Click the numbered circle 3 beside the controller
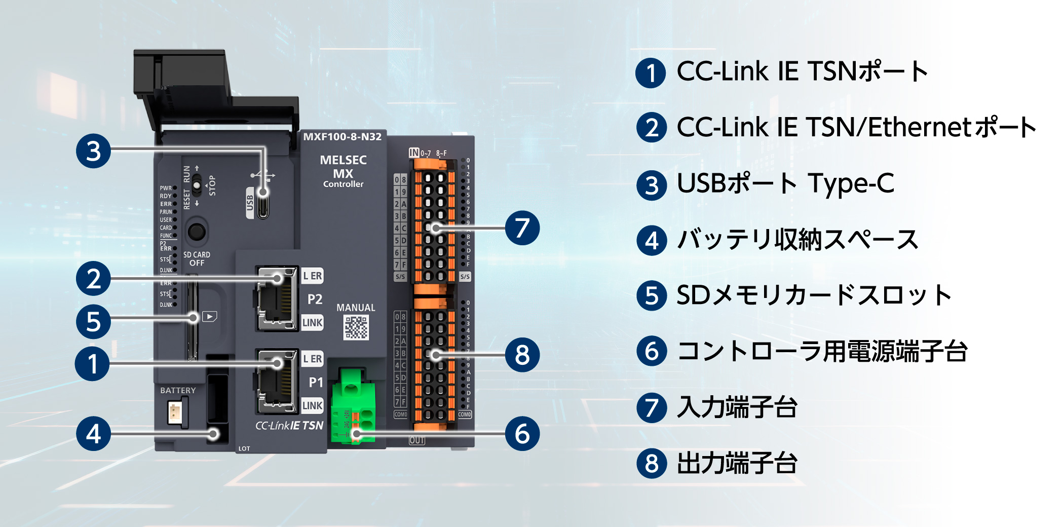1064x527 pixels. click(93, 151)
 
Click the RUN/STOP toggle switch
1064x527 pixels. click(197, 186)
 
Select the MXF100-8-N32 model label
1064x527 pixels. click(342, 137)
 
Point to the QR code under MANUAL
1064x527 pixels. click(356, 327)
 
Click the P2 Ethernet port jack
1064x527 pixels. click(277, 298)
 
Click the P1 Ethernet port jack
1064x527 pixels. click(277, 381)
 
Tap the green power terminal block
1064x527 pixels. click(353, 408)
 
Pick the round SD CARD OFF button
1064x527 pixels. click(197, 232)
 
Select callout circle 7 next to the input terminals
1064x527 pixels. click(522, 228)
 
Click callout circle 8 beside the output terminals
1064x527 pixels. click(522, 355)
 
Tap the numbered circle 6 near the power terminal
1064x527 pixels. click(522, 434)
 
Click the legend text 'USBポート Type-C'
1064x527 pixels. click(785, 183)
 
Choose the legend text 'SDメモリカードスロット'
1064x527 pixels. click(814, 295)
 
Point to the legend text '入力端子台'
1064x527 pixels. click(737, 407)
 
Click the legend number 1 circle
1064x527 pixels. click(651, 72)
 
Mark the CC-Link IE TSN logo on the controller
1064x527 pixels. click(289, 426)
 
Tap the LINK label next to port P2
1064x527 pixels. click(312, 323)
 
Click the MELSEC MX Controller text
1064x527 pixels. click(343, 171)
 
